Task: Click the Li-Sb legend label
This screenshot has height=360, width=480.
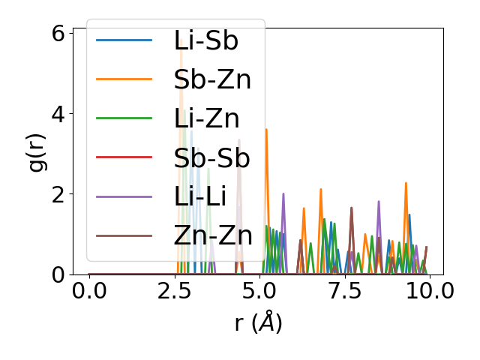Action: pos(205,40)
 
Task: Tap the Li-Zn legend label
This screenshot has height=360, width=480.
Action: pos(205,118)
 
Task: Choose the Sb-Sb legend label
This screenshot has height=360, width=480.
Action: pos(211,158)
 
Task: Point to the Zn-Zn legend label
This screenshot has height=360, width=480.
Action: pos(213,236)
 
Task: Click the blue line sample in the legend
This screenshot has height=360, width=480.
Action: pos(124,40)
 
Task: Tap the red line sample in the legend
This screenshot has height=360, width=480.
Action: pos(124,158)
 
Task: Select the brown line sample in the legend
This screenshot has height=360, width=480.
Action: pos(124,236)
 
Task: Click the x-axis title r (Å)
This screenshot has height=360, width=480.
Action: pos(258,323)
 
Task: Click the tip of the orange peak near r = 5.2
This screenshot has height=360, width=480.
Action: pos(266,129)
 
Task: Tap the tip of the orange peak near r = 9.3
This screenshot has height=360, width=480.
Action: pos(406,183)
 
